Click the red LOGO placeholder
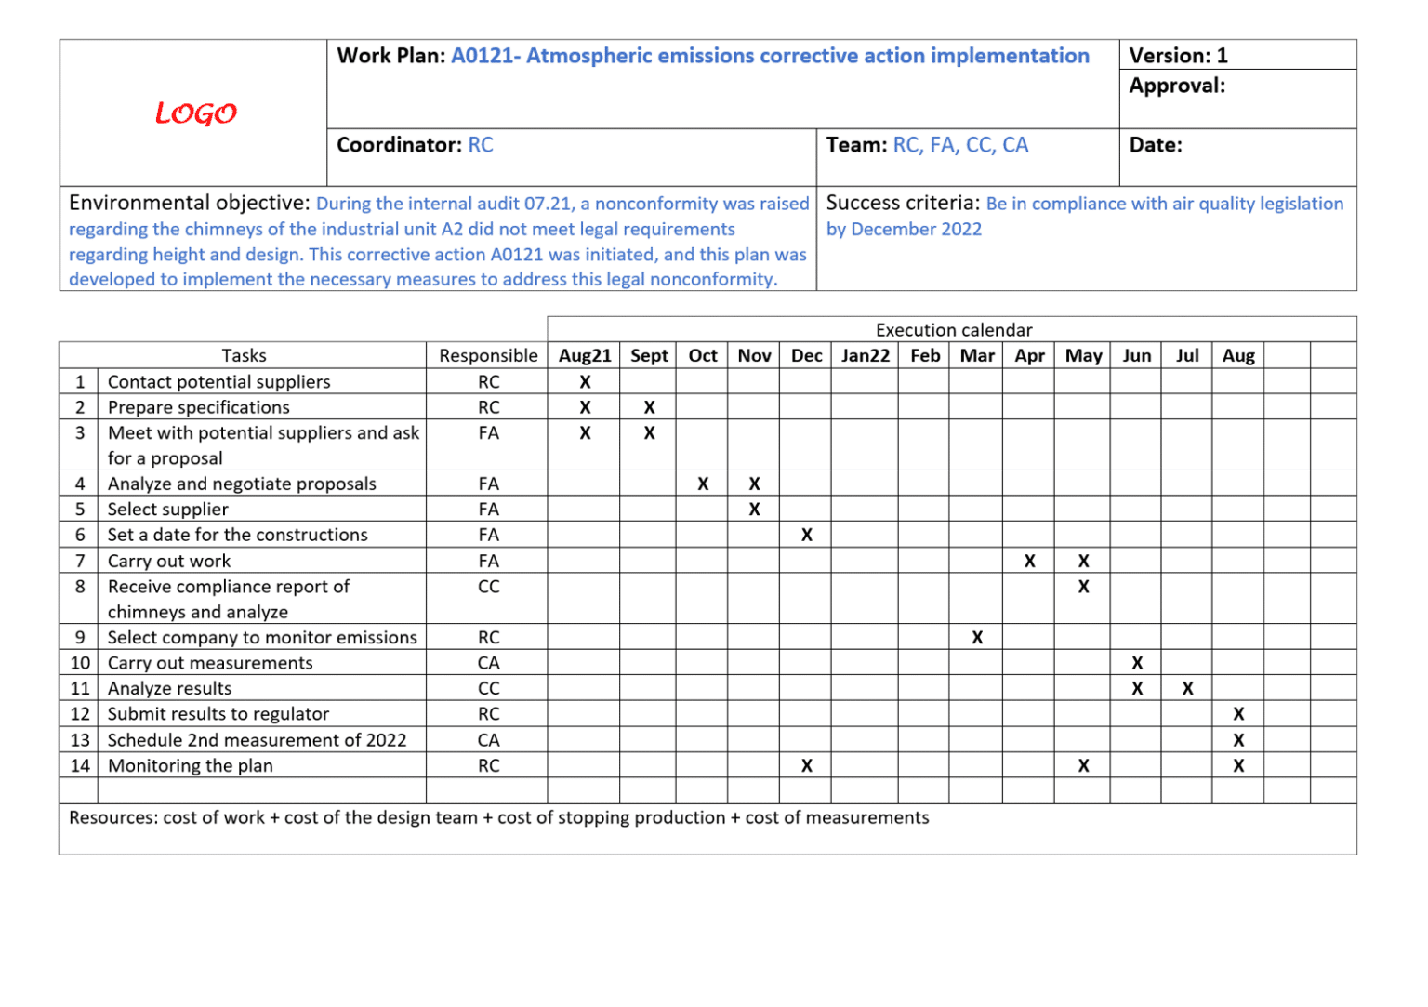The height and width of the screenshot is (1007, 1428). pos(195,113)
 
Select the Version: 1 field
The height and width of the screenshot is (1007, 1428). pos(1178,56)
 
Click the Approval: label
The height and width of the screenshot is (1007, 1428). pos(1177,86)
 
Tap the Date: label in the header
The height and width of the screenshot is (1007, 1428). pos(1156,145)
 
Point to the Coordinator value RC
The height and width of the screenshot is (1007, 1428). pos(481,145)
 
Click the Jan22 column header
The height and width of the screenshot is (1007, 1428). pos(865,355)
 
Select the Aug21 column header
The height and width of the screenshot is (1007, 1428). pos(585,355)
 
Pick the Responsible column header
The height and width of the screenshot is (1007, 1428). pos(488,355)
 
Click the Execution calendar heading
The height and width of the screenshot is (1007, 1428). pos(954,330)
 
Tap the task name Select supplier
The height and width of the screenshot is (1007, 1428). pos(168,509)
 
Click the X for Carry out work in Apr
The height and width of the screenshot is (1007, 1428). pos(1029,561)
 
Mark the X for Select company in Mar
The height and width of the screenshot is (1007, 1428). pos(977,637)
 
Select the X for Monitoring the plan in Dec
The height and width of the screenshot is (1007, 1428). pos(806,765)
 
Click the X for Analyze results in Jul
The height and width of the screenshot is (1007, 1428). pos(1187,688)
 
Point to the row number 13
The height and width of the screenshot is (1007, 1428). pos(80,740)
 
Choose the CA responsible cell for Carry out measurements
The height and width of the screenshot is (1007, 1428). pos(488,663)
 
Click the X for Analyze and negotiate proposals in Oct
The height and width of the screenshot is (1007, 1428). pos(703,484)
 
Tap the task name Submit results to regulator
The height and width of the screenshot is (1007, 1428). pos(218,714)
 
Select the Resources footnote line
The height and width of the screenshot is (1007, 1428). pos(499,817)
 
